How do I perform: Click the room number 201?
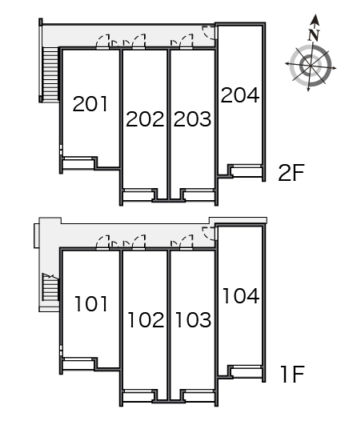point(90,104)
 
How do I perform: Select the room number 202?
point(145,119)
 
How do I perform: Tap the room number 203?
point(192,119)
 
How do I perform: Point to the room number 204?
point(240,95)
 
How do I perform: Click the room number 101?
point(91,303)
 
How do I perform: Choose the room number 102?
point(146,320)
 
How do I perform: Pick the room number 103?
point(193,320)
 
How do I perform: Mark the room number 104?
point(241,295)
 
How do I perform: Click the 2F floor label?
point(291,173)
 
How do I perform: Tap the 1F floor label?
point(293,374)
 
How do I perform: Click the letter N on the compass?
point(314,34)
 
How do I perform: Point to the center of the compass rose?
point(311,66)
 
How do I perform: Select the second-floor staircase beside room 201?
point(50,74)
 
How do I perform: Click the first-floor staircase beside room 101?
point(50,287)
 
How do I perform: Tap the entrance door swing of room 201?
point(103,41)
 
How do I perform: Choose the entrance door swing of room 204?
point(209,33)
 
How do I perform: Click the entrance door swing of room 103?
point(187,242)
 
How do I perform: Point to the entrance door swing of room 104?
point(209,234)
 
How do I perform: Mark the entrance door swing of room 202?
point(138,41)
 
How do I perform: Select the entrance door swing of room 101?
point(103,242)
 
